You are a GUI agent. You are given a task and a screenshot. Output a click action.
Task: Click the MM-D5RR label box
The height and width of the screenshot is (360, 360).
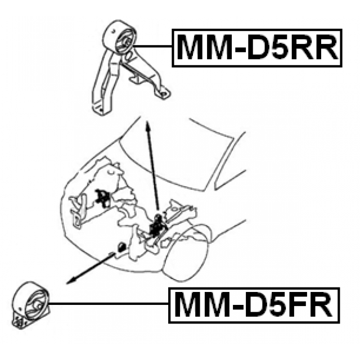click(257, 48)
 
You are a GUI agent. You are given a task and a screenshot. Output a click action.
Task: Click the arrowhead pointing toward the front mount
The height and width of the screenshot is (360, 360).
click(69, 280)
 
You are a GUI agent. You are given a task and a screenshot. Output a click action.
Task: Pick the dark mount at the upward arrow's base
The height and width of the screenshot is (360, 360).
click(157, 224)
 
